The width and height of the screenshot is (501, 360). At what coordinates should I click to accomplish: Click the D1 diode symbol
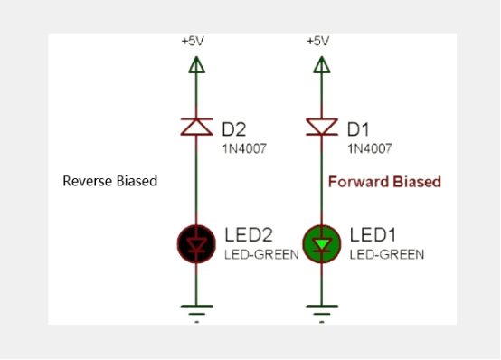318,127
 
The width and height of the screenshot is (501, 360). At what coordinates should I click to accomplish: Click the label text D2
234,129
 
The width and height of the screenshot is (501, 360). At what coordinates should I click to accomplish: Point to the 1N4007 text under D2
242,147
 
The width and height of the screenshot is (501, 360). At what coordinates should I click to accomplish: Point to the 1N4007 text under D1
369,147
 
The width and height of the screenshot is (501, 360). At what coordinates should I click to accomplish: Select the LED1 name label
373,236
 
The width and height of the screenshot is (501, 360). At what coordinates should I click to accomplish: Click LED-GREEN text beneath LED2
261,255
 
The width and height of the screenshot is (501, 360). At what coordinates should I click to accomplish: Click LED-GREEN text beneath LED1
387,255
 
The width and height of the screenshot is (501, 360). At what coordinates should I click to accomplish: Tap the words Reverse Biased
109,181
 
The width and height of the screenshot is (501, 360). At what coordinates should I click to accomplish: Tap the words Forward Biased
384,182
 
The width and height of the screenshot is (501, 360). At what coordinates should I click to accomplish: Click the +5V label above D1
317,42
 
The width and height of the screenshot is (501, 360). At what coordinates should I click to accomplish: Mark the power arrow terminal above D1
318,64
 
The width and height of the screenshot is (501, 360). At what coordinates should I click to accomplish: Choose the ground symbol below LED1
318,310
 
